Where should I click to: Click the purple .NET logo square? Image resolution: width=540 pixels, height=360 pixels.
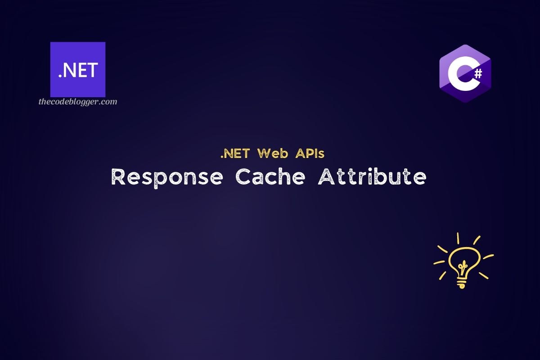pyautogui.click(x=78, y=69)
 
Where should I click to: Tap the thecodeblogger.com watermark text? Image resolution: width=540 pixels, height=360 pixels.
pyautogui.click(x=78, y=102)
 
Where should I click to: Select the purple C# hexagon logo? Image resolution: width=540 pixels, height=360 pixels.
pyautogui.click(x=465, y=74)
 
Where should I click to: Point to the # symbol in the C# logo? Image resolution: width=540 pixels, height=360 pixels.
pyautogui.click(x=478, y=73)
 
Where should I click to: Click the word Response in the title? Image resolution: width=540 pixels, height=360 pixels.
pyautogui.click(x=167, y=177)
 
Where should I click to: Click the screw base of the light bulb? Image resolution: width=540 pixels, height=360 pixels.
pyautogui.click(x=461, y=283)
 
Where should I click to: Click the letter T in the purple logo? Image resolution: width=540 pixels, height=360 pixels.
pyautogui.click(x=92, y=71)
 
